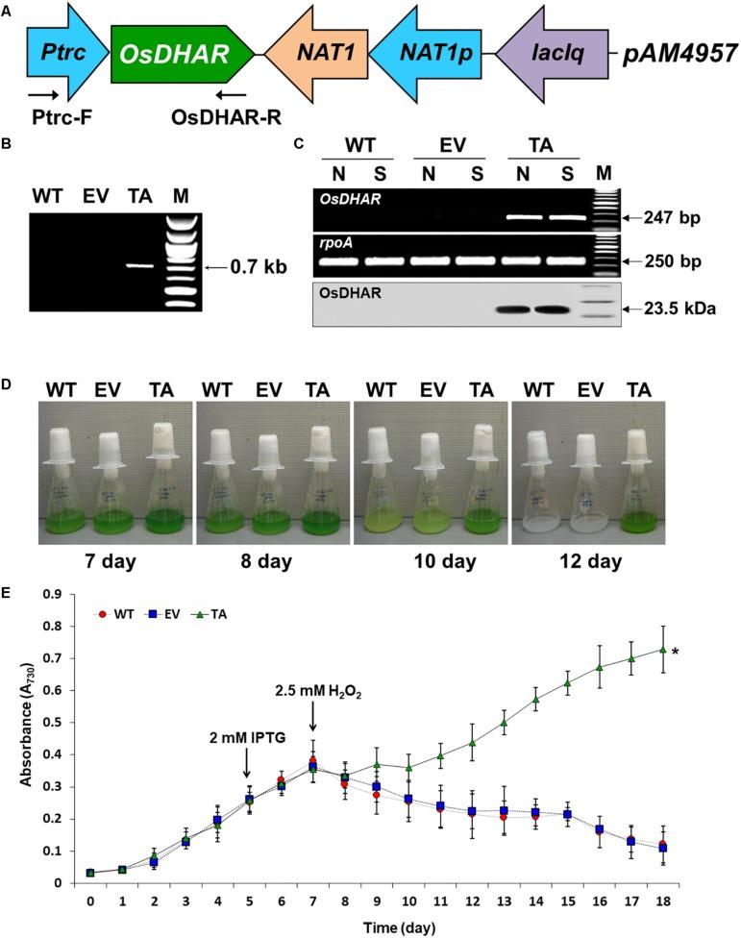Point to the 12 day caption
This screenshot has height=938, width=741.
pyautogui.click(x=587, y=559)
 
